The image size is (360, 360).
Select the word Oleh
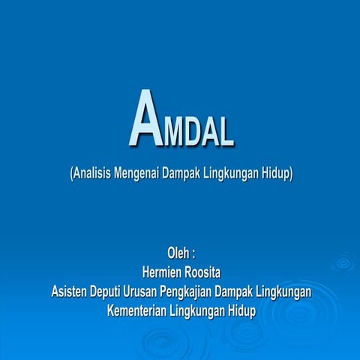(x=178, y=252)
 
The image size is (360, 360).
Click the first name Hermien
(x=160, y=271)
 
